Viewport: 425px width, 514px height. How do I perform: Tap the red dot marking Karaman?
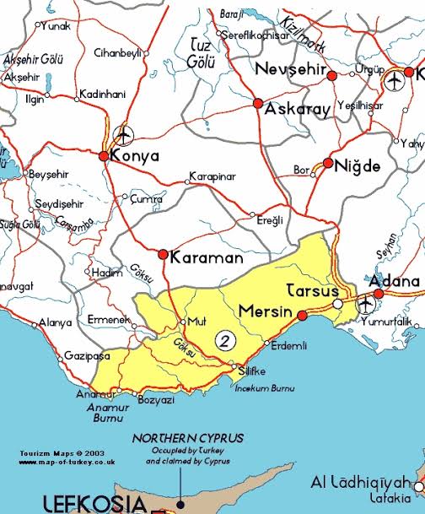(x=163, y=254)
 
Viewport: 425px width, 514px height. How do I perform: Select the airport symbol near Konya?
(x=123, y=134)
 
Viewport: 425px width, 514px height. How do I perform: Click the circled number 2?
(x=224, y=340)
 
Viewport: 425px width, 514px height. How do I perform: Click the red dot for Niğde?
(x=328, y=163)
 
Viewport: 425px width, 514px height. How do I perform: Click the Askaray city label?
(x=298, y=109)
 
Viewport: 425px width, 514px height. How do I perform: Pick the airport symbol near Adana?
(x=366, y=302)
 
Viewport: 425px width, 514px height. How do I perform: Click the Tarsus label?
(x=313, y=289)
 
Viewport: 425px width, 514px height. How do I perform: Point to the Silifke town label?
(x=255, y=371)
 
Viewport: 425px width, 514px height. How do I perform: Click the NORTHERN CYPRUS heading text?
(x=188, y=438)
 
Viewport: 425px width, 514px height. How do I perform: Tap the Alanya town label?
(x=56, y=322)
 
